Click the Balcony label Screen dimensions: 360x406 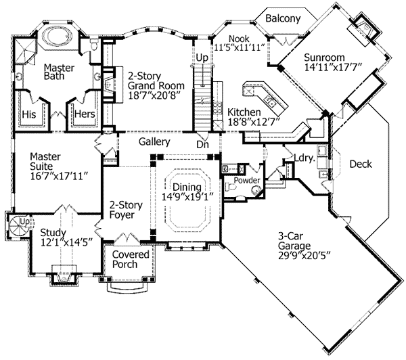[282, 19]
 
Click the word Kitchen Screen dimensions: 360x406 [244, 111]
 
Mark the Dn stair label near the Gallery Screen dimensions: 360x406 [202, 144]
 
